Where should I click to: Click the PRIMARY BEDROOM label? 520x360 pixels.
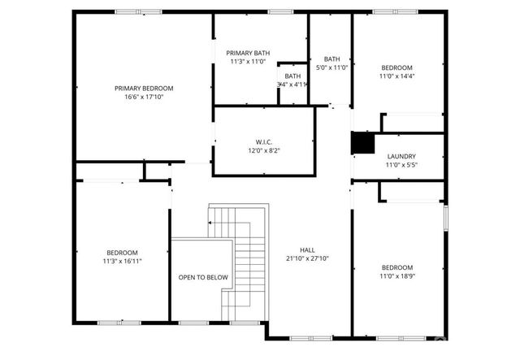pos(143,88)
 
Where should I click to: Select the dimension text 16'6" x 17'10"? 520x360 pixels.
pos(143,97)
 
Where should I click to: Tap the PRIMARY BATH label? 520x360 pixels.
pos(248,52)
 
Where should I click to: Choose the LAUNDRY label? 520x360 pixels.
pos(401,156)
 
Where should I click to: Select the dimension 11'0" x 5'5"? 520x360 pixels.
pos(401,165)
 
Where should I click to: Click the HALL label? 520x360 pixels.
pos(307,249)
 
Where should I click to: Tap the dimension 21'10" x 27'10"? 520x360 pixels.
pos(307,258)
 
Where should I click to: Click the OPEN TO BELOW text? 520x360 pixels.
pos(203,277)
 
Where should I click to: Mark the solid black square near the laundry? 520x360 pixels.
pos(362,142)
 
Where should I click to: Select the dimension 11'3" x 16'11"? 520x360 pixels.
pos(121,262)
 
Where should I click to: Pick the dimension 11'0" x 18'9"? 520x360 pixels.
pos(397,276)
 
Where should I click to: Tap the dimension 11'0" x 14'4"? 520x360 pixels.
pos(397,76)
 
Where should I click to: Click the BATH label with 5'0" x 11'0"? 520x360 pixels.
pos(331,59)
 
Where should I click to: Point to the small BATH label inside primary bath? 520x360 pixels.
pos(292,76)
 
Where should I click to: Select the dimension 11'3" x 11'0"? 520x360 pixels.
pos(248,61)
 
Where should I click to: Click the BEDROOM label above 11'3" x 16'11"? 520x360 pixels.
pos(121,253)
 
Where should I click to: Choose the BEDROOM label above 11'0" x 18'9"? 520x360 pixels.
pos(397,267)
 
